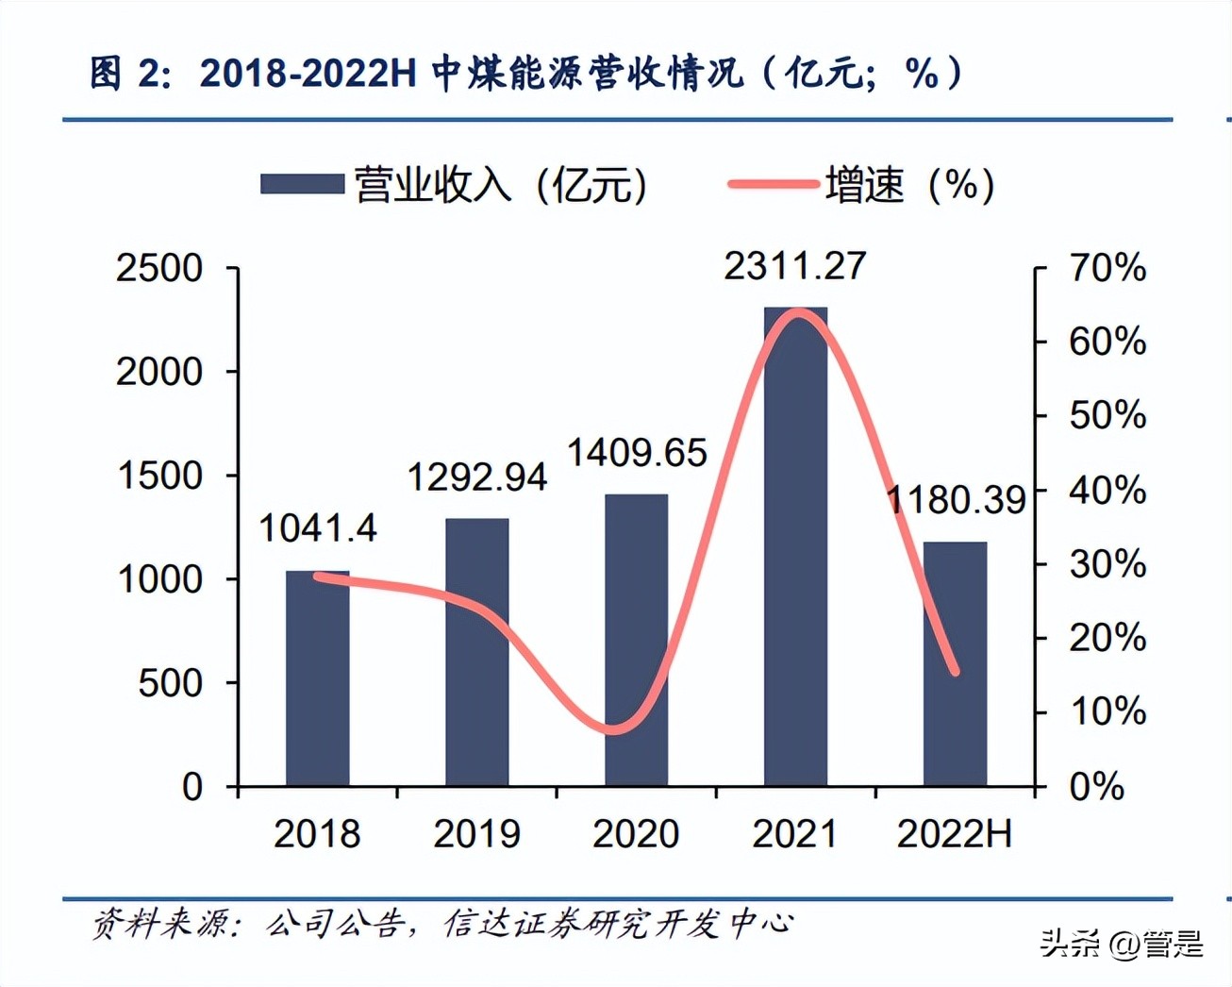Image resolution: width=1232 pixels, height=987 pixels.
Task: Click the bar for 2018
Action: point(317,679)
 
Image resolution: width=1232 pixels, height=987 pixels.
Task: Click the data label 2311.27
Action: point(794,266)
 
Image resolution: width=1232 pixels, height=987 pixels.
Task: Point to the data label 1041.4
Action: point(317,528)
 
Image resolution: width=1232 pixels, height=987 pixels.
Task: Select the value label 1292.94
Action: point(476,477)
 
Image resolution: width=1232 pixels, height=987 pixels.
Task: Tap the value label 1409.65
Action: point(636,453)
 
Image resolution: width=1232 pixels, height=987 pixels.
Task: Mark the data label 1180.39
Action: point(956,500)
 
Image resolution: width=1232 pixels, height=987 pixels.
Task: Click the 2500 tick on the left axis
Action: point(158,269)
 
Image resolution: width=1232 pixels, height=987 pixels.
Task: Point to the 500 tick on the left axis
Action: point(170,683)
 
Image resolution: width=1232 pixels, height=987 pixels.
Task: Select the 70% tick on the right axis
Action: point(1107,268)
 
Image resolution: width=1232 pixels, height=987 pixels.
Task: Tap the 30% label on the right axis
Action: point(1107,564)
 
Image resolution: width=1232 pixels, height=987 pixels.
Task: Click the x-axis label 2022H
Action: point(954,834)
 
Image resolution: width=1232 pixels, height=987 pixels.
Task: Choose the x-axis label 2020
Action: point(636,834)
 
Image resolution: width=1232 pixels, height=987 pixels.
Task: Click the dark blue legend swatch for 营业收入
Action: point(302,184)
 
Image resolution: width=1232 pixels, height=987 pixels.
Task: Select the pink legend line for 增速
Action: point(773,184)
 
